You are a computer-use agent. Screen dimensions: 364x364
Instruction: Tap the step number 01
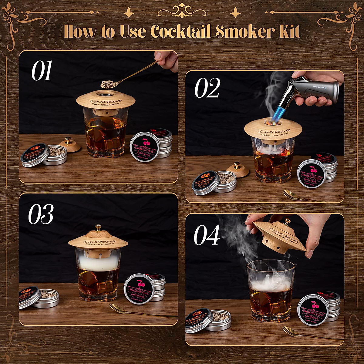[42, 71]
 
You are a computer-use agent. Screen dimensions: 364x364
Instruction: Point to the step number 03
[41, 214]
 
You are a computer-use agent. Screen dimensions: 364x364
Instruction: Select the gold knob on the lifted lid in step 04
[287, 221]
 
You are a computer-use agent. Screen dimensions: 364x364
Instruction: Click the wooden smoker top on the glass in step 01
[106, 100]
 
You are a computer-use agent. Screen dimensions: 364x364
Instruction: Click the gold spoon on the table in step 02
[300, 197]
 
